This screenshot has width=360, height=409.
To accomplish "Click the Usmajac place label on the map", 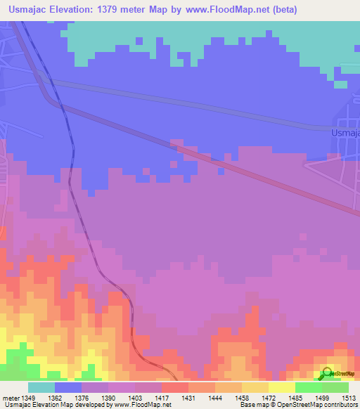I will (x=345, y=131).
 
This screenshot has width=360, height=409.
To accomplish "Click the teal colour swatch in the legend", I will (x=41, y=387).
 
